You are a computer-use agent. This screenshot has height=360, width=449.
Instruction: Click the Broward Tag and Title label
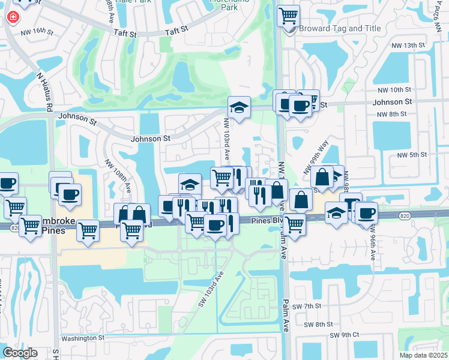pos(339,28)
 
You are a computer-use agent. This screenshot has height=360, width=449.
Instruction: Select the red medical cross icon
pos(12,17)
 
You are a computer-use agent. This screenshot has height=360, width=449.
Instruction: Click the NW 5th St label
pos(411,154)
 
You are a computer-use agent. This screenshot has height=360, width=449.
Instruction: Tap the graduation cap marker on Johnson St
pos(239,108)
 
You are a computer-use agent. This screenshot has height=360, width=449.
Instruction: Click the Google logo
pos(20,352)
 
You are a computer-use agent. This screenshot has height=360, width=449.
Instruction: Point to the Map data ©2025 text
pos(424,355)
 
